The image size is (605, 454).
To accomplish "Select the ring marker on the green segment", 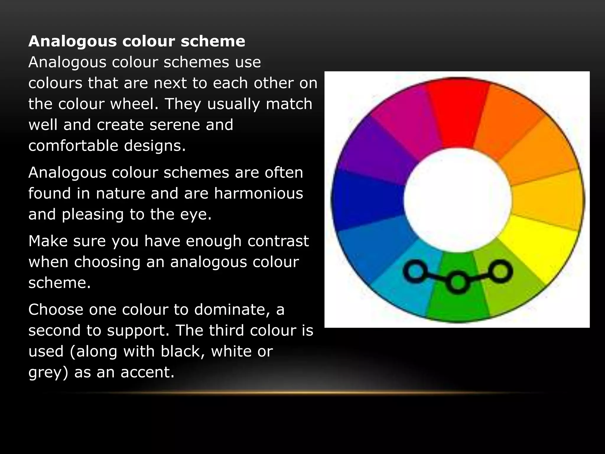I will (458, 282).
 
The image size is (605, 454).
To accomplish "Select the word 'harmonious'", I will (258, 194).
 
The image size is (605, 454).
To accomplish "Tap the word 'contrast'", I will (278, 241).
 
